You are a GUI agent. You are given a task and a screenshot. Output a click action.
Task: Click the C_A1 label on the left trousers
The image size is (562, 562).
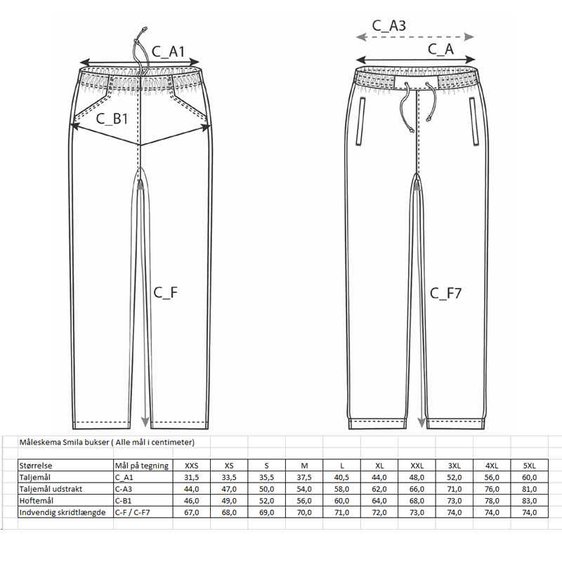168,51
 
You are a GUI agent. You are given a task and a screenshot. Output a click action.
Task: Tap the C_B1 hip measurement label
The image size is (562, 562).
112,119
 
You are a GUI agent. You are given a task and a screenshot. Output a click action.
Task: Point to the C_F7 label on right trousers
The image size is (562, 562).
446,293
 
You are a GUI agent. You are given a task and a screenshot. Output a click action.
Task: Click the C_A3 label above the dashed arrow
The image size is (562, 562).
388,26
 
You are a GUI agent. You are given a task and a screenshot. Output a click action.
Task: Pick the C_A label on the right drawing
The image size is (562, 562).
440,48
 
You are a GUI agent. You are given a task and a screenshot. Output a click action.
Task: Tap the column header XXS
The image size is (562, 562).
191,465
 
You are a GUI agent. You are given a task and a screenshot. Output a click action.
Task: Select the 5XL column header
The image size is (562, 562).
530,465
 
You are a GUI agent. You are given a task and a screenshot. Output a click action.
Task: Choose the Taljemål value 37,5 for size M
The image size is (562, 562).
303,477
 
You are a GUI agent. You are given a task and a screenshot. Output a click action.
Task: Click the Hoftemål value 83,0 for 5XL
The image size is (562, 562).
530,500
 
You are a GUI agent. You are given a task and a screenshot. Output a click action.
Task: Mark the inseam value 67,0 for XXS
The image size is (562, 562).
191,512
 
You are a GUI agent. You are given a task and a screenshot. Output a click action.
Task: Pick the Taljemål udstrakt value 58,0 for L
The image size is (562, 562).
341,488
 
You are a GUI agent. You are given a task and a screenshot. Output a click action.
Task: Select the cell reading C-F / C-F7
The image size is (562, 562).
133,512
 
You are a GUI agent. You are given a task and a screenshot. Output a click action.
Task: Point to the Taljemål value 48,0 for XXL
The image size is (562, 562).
417,477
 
